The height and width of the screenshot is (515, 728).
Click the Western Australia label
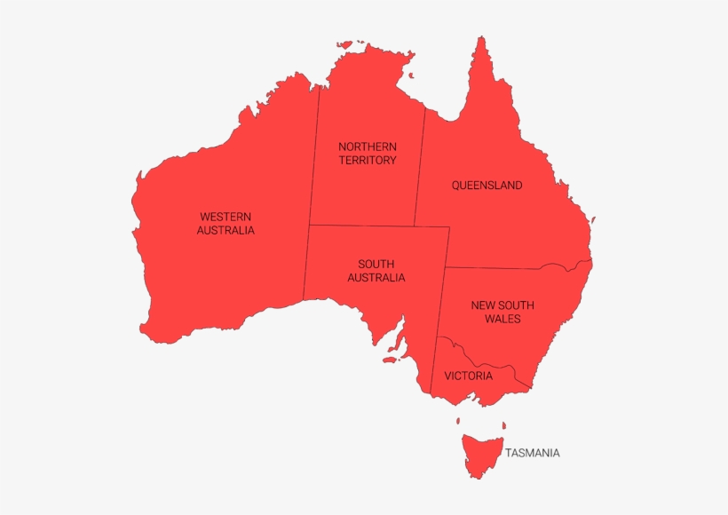coord(226,223)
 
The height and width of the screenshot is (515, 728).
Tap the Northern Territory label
coord(368,153)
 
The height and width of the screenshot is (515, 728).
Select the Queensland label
coord(487,186)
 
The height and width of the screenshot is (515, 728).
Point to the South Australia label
coord(376,271)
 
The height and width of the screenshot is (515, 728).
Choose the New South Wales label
coord(502,312)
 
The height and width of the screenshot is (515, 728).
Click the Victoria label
coord(468,376)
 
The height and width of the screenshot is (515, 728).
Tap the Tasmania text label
coord(533,453)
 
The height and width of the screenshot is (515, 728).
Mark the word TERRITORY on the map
coord(368,161)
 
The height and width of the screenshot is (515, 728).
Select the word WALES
coord(502,319)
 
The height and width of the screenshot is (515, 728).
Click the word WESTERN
coord(226,216)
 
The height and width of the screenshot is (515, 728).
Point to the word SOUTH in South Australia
coord(376,264)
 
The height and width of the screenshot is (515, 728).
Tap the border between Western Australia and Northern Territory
coord(313,160)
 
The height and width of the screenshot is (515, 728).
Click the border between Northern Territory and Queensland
coord(419,169)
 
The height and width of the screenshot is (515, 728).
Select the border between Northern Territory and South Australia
coord(364,226)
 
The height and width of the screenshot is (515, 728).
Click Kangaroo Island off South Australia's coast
coord(389,360)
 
